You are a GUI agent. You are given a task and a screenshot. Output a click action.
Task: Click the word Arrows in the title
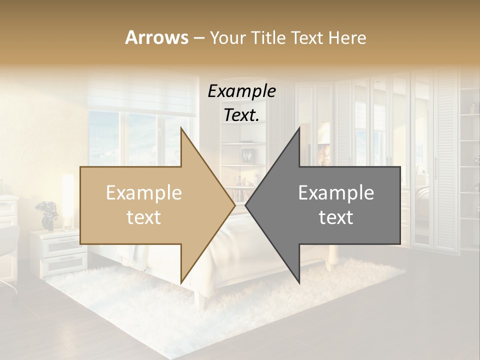[157, 37]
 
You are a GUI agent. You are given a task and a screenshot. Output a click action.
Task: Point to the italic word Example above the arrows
[241, 91]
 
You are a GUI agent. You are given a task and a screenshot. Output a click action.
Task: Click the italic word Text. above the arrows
[241, 115]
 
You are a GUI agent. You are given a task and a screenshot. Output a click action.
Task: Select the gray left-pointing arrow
[330, 205]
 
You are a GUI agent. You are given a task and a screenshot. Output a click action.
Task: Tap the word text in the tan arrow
[143, 217]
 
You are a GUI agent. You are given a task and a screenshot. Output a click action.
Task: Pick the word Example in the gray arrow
[336, 193]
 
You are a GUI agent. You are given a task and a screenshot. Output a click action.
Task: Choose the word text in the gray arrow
[336, 217]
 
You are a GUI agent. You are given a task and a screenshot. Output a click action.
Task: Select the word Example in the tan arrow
[143, 193]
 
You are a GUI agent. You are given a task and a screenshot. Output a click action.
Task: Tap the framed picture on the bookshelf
[246, 155]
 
